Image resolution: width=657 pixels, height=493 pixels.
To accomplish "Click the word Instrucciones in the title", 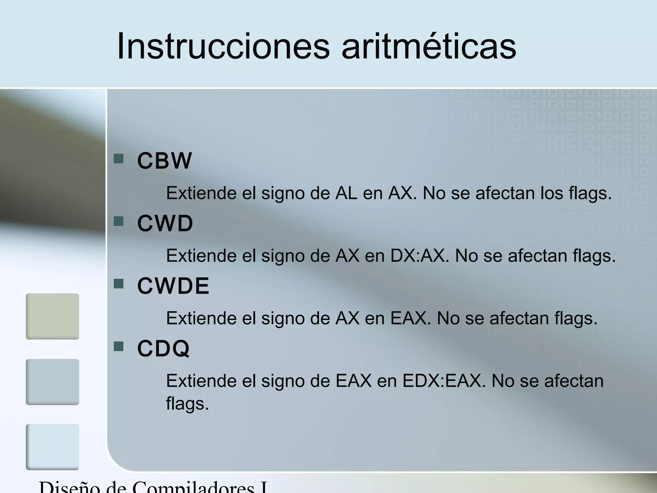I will click(223, 46).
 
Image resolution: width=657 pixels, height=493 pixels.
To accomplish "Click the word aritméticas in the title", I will click(429, 46).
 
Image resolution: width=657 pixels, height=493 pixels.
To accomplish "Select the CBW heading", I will click(165, 160).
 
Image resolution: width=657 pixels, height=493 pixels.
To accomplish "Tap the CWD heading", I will click(165, 223).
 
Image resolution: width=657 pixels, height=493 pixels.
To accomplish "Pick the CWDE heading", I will click(173, 286).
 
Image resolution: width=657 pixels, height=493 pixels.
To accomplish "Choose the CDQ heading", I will click(164, 349).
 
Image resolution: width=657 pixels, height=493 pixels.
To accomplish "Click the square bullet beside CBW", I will click(119, 159).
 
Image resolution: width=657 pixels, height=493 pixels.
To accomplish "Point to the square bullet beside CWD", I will click(119, 221).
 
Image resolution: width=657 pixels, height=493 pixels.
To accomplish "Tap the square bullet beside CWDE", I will click(119, 284).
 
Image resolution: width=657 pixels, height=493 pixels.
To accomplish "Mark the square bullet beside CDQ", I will click(119, 346).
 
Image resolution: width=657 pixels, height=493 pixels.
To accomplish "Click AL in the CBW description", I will click(346, 193).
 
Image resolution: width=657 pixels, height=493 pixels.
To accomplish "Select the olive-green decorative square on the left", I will click(52, 316).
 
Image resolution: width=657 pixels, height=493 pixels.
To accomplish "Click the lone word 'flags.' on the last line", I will click(187, 403).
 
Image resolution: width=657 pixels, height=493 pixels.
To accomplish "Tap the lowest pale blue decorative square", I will click(52, 447).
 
